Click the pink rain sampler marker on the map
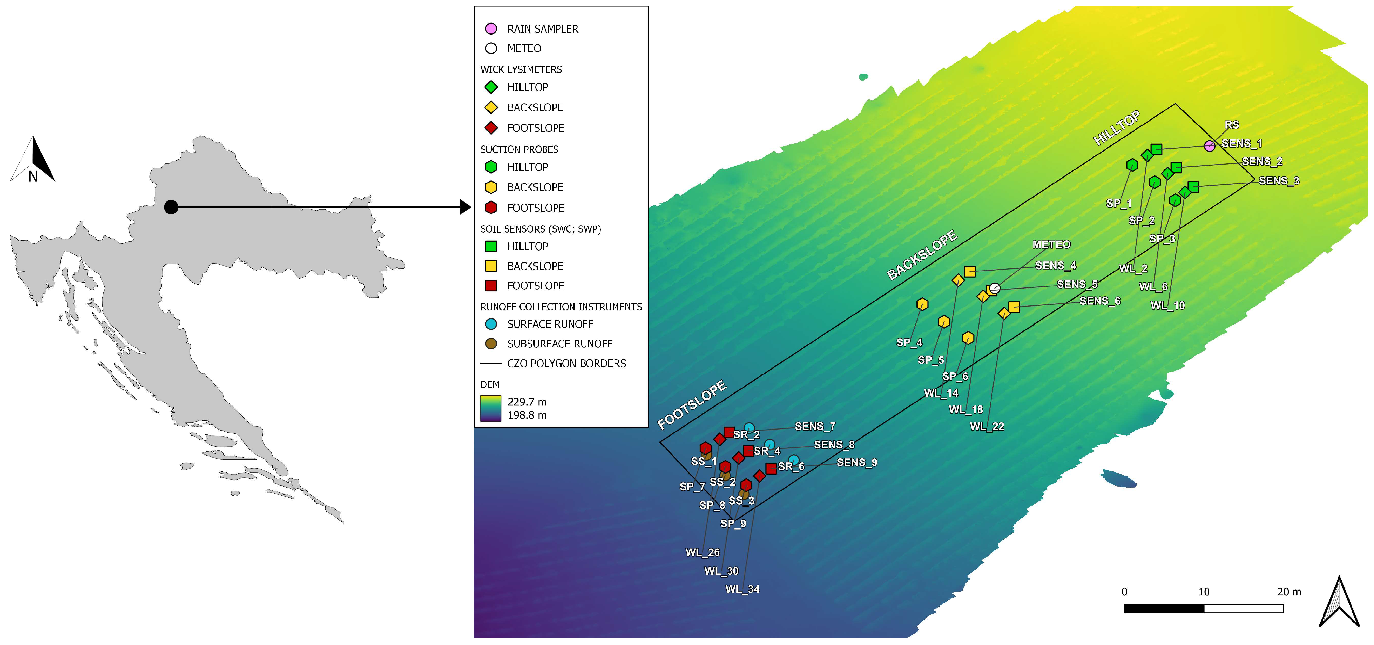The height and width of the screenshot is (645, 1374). coord(1209,146)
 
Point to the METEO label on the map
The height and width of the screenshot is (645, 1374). coord(1051,244)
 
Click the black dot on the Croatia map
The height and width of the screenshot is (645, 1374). coord(171,207)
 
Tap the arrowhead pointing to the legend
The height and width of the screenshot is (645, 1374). coord(465,207)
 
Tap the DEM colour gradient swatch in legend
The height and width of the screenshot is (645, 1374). coord(491,408)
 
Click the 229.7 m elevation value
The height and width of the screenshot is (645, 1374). coord(527,402)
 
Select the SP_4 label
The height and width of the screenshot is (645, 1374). coord(909,343)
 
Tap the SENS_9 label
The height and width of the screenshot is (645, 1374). coord(857,462)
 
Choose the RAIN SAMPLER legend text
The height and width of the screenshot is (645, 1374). coord(542,29)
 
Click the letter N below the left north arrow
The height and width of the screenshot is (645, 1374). coord(33,177)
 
